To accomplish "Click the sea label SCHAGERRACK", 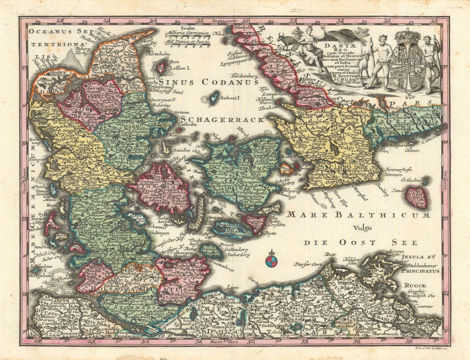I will point(222,120).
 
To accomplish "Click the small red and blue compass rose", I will point(271,260).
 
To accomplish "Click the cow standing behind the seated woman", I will point(287,41).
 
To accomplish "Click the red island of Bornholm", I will point(417,198).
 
